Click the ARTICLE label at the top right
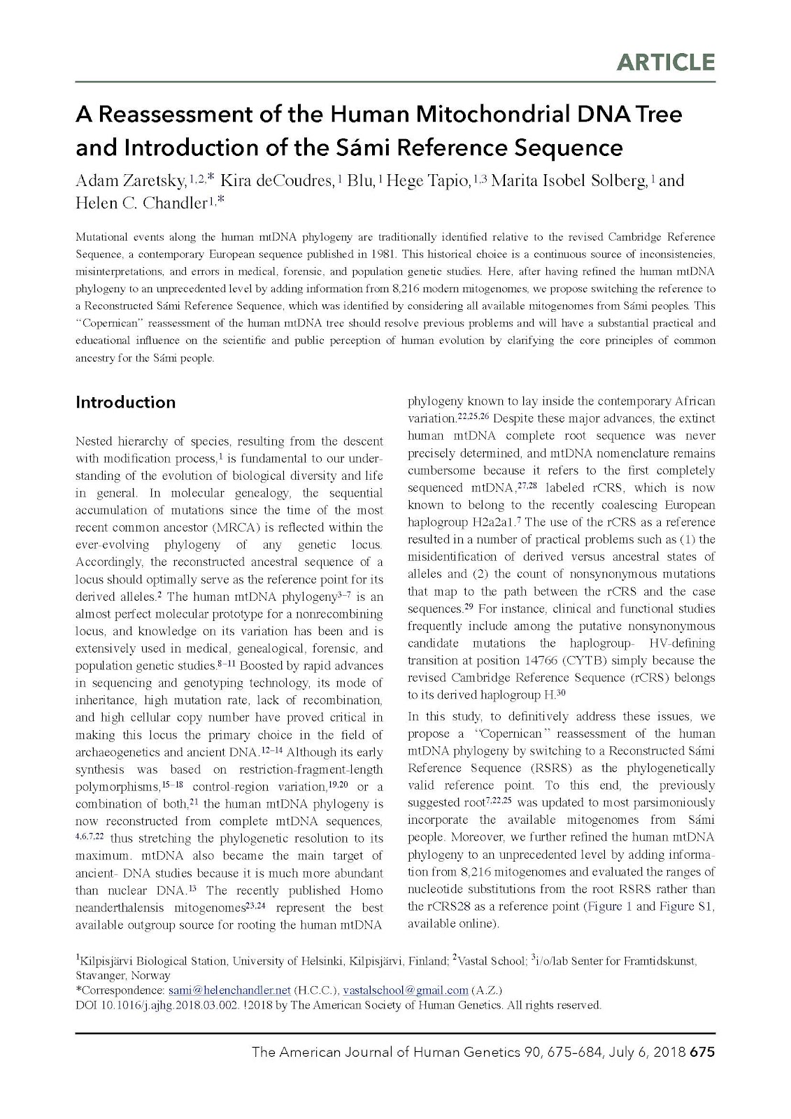click(665, 62)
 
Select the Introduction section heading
click(125, 402)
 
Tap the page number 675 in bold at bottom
click(702, 1052)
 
